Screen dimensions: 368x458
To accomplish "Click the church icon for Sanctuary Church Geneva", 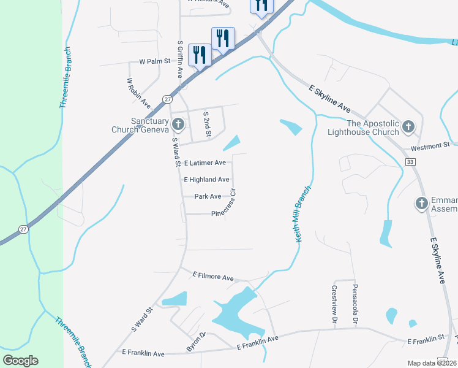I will pyautogui.click(x=178, y=125).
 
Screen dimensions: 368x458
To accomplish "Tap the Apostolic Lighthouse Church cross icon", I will pyautogui.click(x=408, y=128).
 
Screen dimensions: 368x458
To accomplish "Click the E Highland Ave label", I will pyautogui.click(x=206, y=180).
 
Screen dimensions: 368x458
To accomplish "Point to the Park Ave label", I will pyautogui.click(x=208, y=197).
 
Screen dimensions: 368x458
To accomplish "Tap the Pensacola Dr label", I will pyautogui.click(x=355, y=304).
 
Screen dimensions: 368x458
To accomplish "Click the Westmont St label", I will pyautogui.click(x=430, y=145).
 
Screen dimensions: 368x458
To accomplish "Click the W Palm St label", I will pyautogui.click(x=154, y=62).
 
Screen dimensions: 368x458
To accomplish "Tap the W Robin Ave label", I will pyautogui.click(x=138, y=93).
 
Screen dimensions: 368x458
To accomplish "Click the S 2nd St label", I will pyautogui.click(x=207, y=124).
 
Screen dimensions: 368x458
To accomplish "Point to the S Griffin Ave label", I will pyautogui.click(x=180, y=59).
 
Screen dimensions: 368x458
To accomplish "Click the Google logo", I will pyautogui.click(x=20, y=361).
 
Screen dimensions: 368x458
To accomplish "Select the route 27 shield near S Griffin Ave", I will pyautogui.click(x=167, y=99).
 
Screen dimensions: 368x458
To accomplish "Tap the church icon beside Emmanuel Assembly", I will pyautogui.click(x=421, y=203).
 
